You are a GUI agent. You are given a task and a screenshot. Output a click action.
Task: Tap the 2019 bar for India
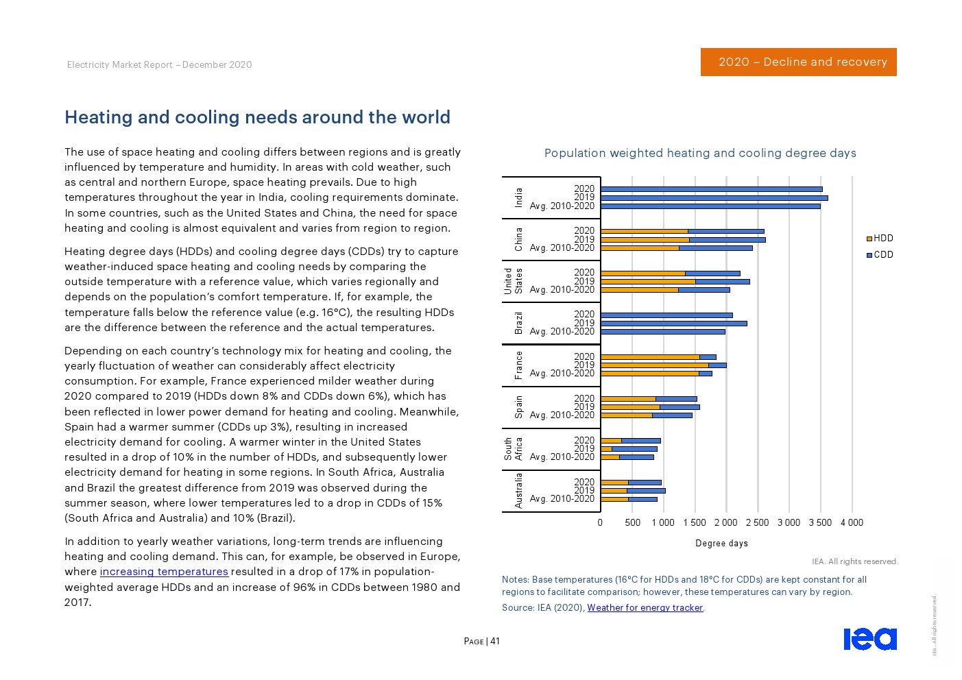point(714,197)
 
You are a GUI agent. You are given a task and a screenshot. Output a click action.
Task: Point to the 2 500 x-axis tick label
point(757,522)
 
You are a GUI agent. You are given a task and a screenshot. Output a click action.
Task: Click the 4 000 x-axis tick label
point(852,522)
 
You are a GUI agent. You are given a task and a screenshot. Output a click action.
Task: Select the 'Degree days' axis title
point(721,544)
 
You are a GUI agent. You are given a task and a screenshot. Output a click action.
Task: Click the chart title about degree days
point(700,153)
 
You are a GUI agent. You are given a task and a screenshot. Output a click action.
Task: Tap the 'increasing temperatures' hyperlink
point(164,572)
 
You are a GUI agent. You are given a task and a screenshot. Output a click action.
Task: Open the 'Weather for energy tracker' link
point(645,607)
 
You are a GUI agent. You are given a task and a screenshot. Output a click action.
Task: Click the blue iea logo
point(869,638)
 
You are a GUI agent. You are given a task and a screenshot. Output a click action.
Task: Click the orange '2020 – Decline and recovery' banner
point(798,62)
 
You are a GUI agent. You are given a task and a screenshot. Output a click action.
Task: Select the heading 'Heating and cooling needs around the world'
point(257,117)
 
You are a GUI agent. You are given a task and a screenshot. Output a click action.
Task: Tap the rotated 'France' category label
point(518,365)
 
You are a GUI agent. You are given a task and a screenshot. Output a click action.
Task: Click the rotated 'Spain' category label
point(518,407)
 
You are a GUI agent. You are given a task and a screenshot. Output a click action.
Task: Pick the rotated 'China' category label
point(518,239)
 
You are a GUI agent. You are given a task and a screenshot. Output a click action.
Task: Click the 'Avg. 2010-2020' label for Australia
point(562,498)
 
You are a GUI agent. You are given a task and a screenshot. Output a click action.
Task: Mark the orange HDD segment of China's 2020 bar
point(644,231)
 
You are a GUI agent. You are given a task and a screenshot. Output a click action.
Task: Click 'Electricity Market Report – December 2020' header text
point(159,64)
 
